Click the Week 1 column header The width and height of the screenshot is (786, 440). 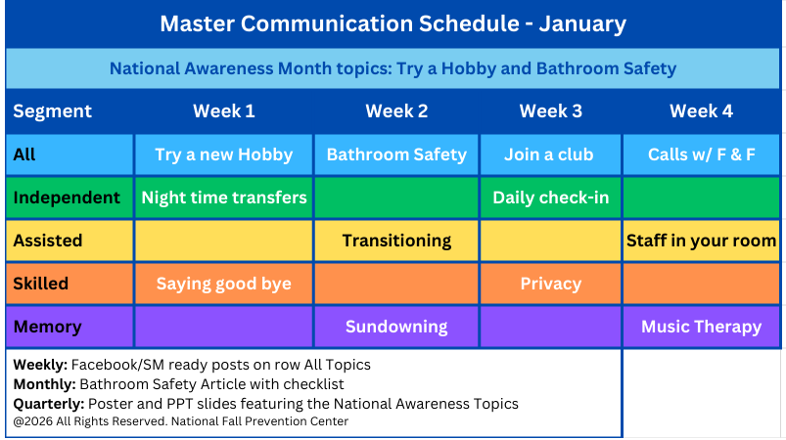(223, 111)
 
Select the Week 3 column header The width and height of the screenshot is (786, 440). (550, 111)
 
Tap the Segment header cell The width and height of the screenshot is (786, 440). (53, 111)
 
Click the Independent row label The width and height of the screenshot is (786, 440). (68, 198)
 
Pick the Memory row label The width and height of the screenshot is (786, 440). (47, 327)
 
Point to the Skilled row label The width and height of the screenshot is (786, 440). (41, 284)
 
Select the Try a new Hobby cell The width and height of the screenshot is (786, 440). (223, 154)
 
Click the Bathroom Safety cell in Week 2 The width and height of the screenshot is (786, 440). (396, 154)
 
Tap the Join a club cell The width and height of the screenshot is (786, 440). (550, 154)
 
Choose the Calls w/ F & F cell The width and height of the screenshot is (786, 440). (701, 154)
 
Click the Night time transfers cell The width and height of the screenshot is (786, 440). (223, 198)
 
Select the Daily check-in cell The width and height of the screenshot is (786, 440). (550, 198)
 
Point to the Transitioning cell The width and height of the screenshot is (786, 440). (396, 241)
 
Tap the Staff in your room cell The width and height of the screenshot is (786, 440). (701, 241)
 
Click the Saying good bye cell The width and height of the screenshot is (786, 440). (223, 284)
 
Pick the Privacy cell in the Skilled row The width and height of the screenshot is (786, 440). (550, 284)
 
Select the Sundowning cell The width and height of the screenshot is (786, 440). (396, 327)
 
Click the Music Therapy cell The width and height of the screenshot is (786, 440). (701, 327)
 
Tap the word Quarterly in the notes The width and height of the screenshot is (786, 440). (47, 404)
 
